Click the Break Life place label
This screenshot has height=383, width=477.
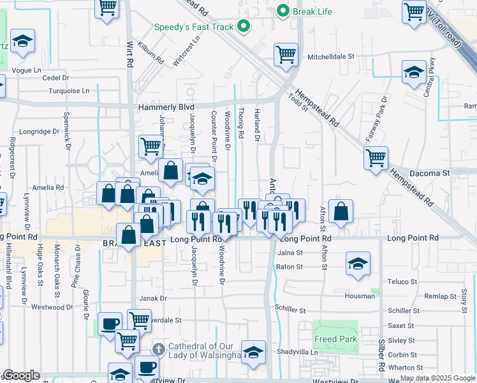coord(310,11)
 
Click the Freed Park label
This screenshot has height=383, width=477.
coord(335,339)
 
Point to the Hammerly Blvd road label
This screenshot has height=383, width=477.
coord(166,107)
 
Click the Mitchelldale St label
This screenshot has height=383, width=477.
coord(331,57)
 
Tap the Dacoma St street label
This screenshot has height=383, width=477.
coord(429,172)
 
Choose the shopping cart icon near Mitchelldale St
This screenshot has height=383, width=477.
coord(286,54)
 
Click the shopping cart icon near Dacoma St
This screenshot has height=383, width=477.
coord(376,157)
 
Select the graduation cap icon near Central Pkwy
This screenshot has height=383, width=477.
coord(414,71)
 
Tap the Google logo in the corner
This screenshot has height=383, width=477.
coord(21,375)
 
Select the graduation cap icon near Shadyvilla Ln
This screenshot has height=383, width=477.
coord(253,352)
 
